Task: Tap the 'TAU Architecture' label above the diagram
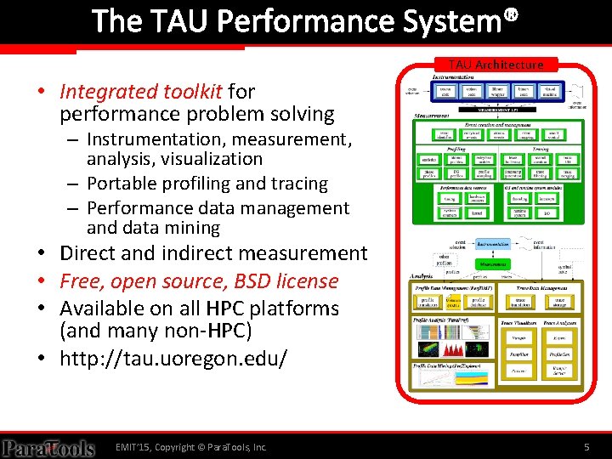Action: (496, 65)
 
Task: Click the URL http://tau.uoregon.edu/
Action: (173, 357)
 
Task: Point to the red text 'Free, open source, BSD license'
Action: (199, 280)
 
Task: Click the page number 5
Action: (586, 447)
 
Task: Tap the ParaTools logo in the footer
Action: (48, 447)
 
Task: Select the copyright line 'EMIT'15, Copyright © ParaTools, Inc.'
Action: (191, 447)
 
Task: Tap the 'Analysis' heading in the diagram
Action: (422, 277)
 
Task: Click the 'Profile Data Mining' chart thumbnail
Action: (453, 382)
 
